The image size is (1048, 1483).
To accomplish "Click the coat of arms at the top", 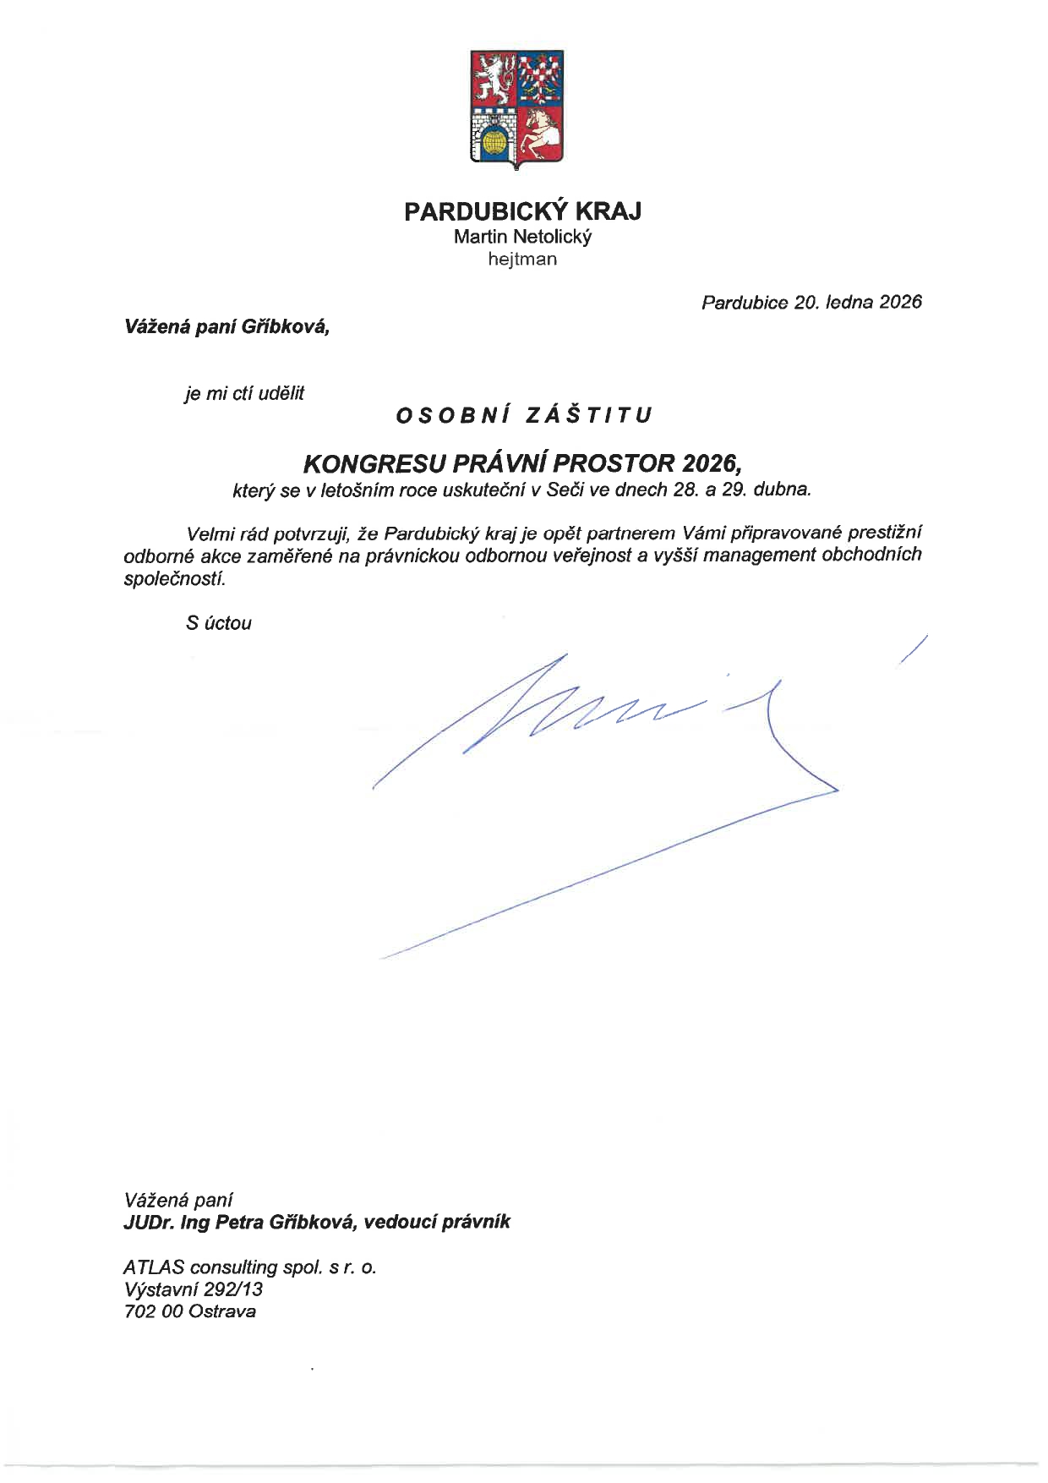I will click(517, 107).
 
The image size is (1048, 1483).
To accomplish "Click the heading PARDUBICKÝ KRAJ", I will click(522, 211).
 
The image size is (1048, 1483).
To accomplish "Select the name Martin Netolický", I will click(522, 237).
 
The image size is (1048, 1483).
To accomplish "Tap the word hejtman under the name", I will click(522, 260).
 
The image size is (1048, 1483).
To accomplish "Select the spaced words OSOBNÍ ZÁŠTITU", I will click(524, 415).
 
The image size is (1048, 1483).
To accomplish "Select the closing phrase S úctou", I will click(219, 624).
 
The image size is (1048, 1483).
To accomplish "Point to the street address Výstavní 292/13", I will click(194, 1289).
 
